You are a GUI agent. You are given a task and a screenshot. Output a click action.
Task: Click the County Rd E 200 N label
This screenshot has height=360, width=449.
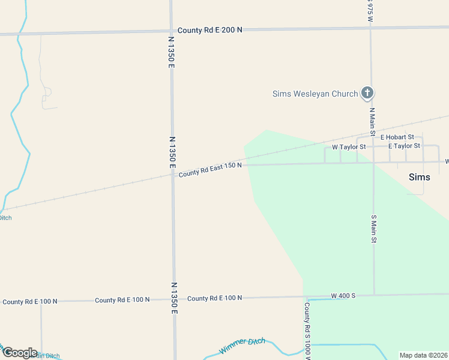209,30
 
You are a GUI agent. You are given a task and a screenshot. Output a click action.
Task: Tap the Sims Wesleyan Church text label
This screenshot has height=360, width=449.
315,94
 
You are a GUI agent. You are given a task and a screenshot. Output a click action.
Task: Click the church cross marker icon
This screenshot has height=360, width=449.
367,93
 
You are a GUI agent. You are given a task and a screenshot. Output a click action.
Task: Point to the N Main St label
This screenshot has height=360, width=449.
372,120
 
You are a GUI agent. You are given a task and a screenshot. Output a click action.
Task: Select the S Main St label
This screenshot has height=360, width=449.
373,229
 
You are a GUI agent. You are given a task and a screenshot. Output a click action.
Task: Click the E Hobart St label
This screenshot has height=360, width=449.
397,137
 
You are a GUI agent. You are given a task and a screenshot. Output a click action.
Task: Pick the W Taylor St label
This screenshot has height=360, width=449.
349,147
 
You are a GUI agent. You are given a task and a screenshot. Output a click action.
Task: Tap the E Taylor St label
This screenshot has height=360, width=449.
404,146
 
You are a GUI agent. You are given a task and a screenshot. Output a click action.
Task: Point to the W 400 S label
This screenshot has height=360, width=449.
344,296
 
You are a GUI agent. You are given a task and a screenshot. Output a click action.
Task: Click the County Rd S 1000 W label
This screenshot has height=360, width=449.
307,330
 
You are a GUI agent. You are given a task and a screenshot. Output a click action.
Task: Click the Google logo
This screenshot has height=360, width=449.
20,353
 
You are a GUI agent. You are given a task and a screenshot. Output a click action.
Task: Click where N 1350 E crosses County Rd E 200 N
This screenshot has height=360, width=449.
171,32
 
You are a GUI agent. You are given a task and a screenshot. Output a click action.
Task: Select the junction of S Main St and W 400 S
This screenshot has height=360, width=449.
374,295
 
